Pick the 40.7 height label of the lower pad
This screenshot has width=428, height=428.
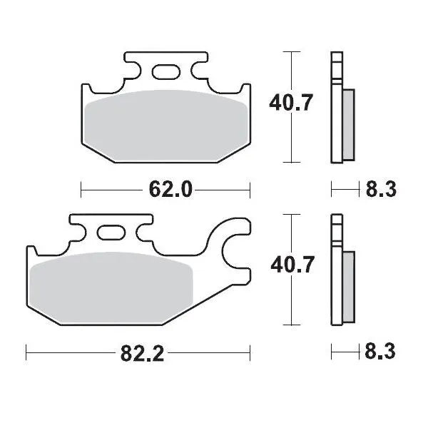[290, 265]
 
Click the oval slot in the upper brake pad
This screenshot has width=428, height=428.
[165, 72]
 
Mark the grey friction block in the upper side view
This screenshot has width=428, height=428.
[348, 124]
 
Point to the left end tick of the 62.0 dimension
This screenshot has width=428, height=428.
[82, 189]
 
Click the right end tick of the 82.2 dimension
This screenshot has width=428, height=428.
[250, 352]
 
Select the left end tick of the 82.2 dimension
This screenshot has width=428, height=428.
[27, 352]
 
